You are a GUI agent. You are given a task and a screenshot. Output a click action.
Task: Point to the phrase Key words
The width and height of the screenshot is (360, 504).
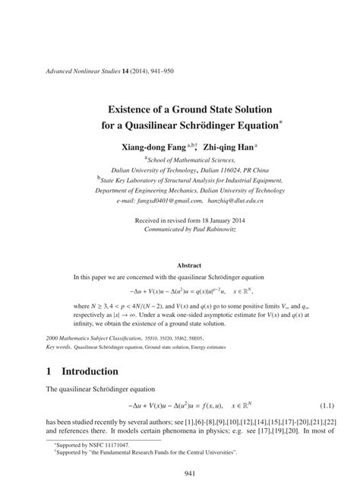pos(61,344)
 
